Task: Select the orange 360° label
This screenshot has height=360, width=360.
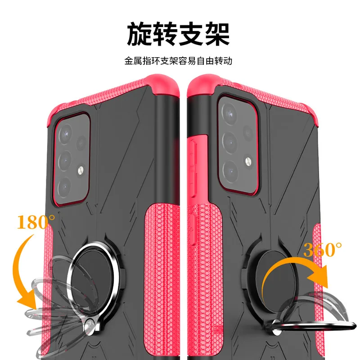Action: [x=323, y=249]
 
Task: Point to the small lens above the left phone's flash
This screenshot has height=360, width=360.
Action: [x=81, y=144]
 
